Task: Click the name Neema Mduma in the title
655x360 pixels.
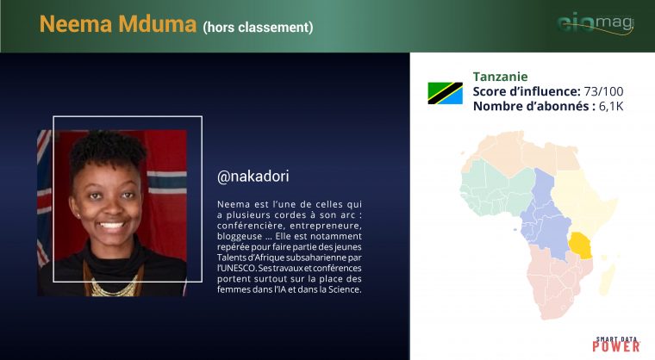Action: tap(118, 24)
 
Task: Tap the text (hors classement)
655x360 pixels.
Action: tap(258, 28)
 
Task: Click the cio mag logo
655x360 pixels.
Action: tap(596, 23)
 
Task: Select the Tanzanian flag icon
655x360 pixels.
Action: tap(445, 93)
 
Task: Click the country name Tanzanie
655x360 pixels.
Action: tap(500, 77)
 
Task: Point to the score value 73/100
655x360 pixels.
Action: tap(603, 91)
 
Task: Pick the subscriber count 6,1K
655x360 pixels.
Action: tap(611, 106)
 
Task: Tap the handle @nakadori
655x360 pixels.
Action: tap(253, 177)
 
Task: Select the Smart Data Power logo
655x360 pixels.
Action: tap(616, 344)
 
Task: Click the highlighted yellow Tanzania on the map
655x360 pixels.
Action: tap(580, 245)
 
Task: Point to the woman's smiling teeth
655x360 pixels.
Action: tap(110, 225)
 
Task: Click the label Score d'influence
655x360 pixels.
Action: tap(527, 91)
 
